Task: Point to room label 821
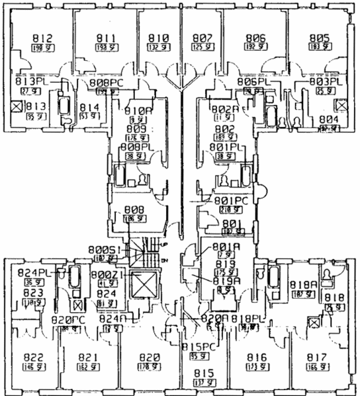coord(87,358)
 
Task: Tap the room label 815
coord(203,374)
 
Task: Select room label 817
coord(316,358)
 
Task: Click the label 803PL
coord(324,82)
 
